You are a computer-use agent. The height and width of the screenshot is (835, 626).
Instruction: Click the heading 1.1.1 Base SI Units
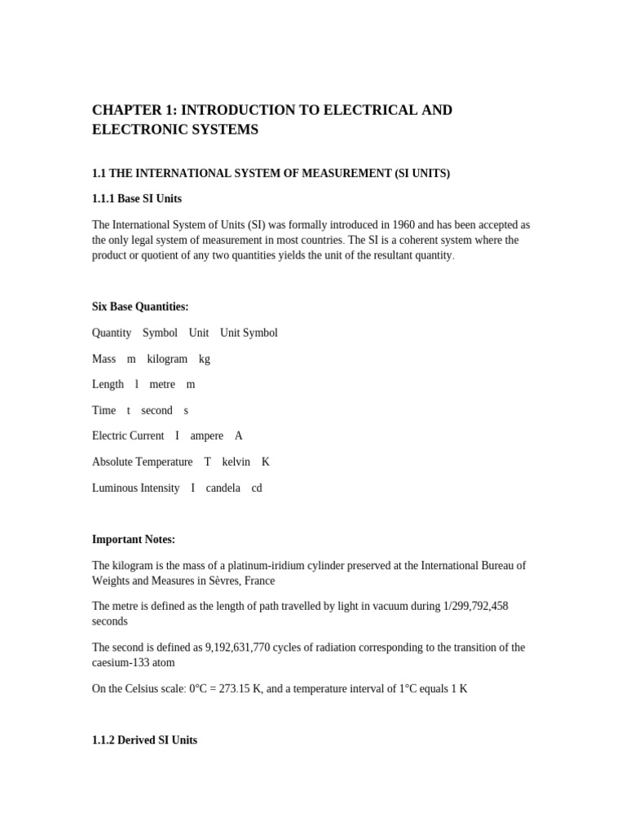[x=137, y=199]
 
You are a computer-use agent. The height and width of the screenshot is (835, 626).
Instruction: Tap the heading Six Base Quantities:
[x=140, y=307]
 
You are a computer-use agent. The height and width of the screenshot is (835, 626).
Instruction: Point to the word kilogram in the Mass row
[x=167, y=359]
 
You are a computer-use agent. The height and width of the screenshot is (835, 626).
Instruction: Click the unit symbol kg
[x=205, y=359]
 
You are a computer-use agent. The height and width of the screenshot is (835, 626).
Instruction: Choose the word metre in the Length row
[x=162, y=384]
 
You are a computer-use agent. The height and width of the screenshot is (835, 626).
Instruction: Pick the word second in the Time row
[x=156, y=410]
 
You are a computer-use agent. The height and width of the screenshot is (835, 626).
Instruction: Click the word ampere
[x=206, y=436]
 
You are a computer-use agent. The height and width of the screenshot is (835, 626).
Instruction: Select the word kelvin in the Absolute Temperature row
[x=236, y=462]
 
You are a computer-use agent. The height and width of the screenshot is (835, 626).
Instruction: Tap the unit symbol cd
[x=257, y=488]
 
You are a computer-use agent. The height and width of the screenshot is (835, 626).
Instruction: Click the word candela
[x=223, y=488]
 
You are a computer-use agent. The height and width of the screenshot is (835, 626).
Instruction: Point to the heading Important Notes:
[x=134, y=540]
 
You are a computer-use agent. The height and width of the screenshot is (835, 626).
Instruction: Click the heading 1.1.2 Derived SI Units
[x=144, y=740]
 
